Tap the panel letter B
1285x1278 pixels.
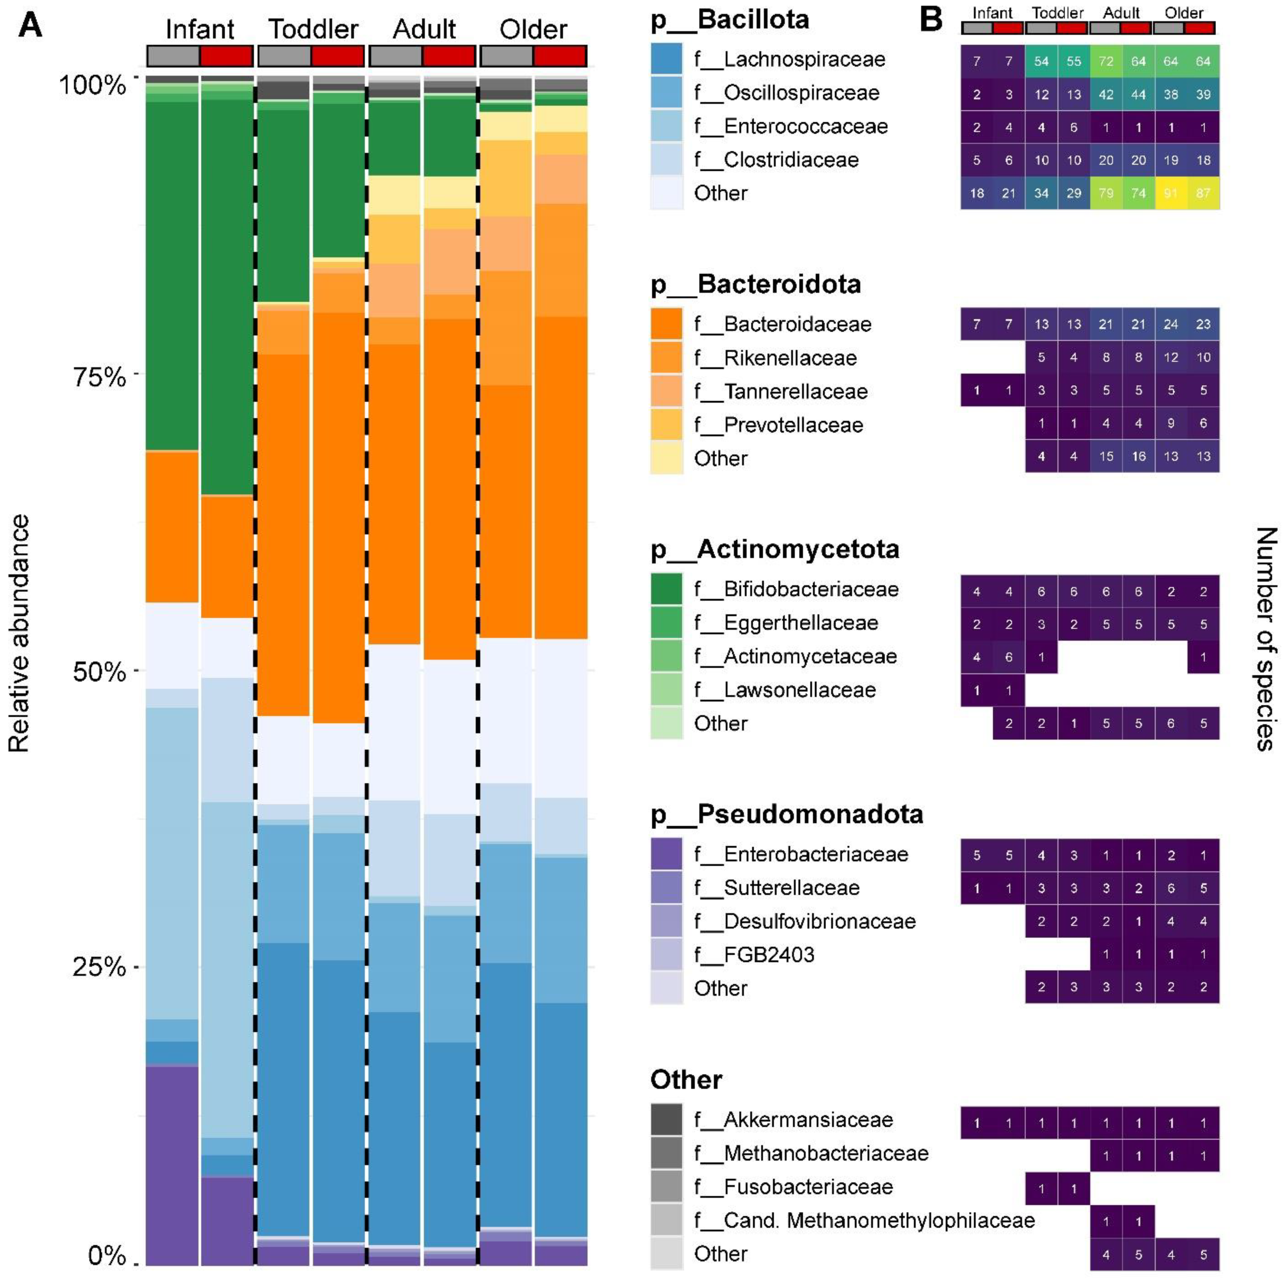click(931, 20)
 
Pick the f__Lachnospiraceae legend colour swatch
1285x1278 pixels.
click(666, 59)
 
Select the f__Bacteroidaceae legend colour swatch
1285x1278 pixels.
click(666, 324)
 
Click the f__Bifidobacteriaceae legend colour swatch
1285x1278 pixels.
click(666, 589)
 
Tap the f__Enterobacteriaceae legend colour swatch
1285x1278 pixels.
click(666, 854)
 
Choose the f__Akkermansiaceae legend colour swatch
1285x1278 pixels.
click(666, 1119)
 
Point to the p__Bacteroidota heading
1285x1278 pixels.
click(756, 284)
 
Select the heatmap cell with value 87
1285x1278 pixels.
click(1203, 194)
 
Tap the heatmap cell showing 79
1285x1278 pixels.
click(1106, 194)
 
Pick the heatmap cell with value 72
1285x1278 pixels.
click(1106, 61)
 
